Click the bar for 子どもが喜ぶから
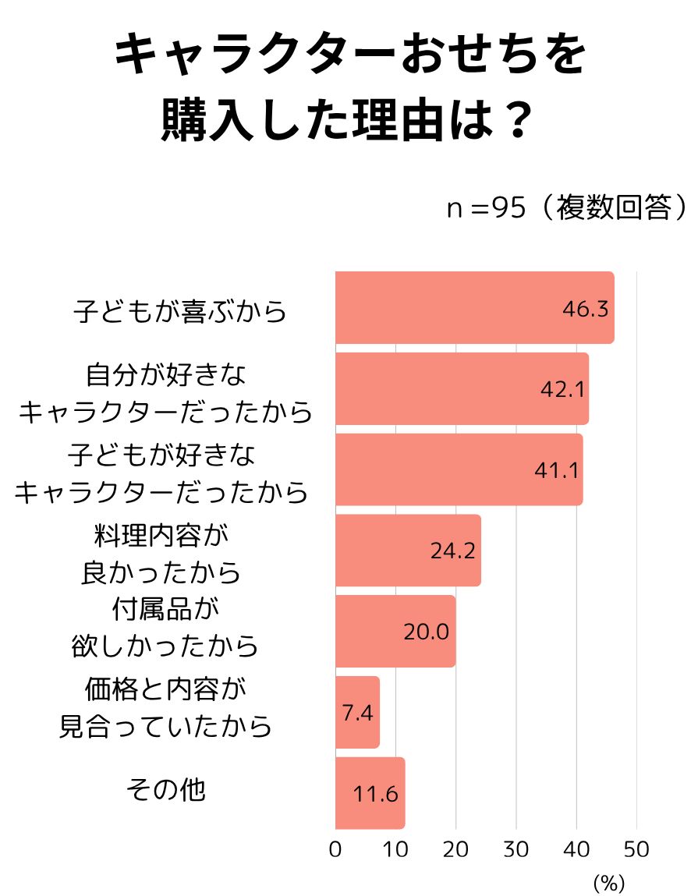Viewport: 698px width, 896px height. [474, 307]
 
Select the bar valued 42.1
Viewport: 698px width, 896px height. [462, 388]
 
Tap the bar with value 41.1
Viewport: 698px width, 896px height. [459, 469]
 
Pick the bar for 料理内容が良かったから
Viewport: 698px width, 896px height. [408, 551]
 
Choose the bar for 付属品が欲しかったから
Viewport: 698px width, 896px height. [395, 632]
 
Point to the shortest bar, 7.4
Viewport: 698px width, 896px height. [357, 713]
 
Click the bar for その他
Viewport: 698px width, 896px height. [370, 793]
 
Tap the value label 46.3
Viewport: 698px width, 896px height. [585, 309]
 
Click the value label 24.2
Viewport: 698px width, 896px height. [452, 551]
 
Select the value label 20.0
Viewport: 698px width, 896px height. [426, 632]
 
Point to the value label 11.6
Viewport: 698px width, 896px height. [376, 795]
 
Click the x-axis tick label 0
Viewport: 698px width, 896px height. [335, 850]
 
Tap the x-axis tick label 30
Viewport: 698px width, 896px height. [516, 850]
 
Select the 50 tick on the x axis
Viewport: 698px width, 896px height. [636, 850]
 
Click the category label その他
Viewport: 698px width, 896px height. [166, 789]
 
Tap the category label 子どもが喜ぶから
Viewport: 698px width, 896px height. [180, 310]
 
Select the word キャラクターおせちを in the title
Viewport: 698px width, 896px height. [349, 56]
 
